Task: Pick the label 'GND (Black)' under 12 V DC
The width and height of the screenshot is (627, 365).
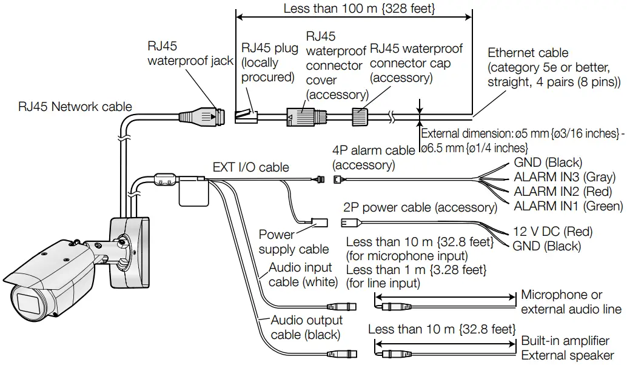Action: tap(546, 246)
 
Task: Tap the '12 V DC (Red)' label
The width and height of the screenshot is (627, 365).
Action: tap(552, 232)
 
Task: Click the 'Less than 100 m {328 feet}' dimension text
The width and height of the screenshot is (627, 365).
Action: tap(353, 8)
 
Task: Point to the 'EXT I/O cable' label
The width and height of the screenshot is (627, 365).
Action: tap(250, 167)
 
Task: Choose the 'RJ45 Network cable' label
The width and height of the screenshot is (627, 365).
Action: tap(75, 107)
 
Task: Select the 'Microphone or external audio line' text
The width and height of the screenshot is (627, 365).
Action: tap(571, 302)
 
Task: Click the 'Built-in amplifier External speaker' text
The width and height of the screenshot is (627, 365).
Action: tap(567, 348)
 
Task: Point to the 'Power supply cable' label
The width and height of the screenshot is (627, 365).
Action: tap(293, 242)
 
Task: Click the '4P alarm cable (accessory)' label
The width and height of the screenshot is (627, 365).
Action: tap(365, 158)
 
